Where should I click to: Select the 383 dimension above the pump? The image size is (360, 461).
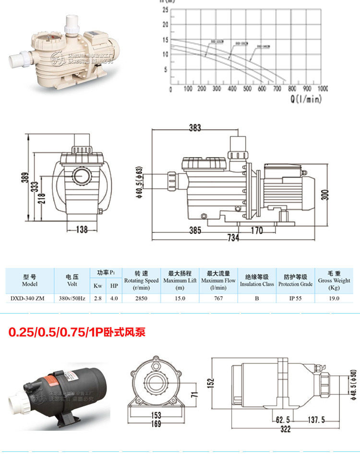[195, 128]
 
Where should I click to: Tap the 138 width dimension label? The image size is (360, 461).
[82, 230]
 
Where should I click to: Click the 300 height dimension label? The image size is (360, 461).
[325, 194]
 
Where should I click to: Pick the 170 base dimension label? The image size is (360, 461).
[257, 230]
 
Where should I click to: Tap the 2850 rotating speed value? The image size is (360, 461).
[141, 298]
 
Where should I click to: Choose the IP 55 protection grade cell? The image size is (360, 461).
[295, 298]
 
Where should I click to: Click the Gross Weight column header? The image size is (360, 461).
[334, 280]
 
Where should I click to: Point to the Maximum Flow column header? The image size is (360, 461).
[218, 280]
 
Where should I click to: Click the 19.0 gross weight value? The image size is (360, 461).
[334, 298]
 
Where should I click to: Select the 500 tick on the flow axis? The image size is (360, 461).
[247, 89]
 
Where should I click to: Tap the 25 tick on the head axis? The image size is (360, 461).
[165, 10]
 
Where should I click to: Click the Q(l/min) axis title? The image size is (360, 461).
[306, 99]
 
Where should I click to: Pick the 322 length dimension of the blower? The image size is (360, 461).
[286, 429]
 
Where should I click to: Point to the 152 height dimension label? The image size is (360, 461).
[210, 384]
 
